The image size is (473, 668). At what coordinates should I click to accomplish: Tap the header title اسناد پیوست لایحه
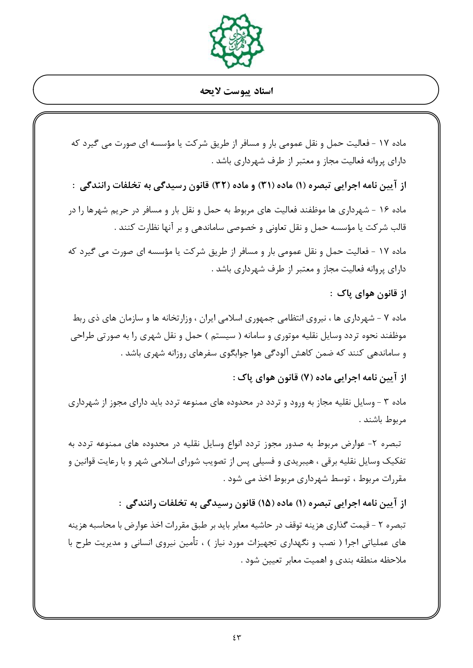tap(236, 91)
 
